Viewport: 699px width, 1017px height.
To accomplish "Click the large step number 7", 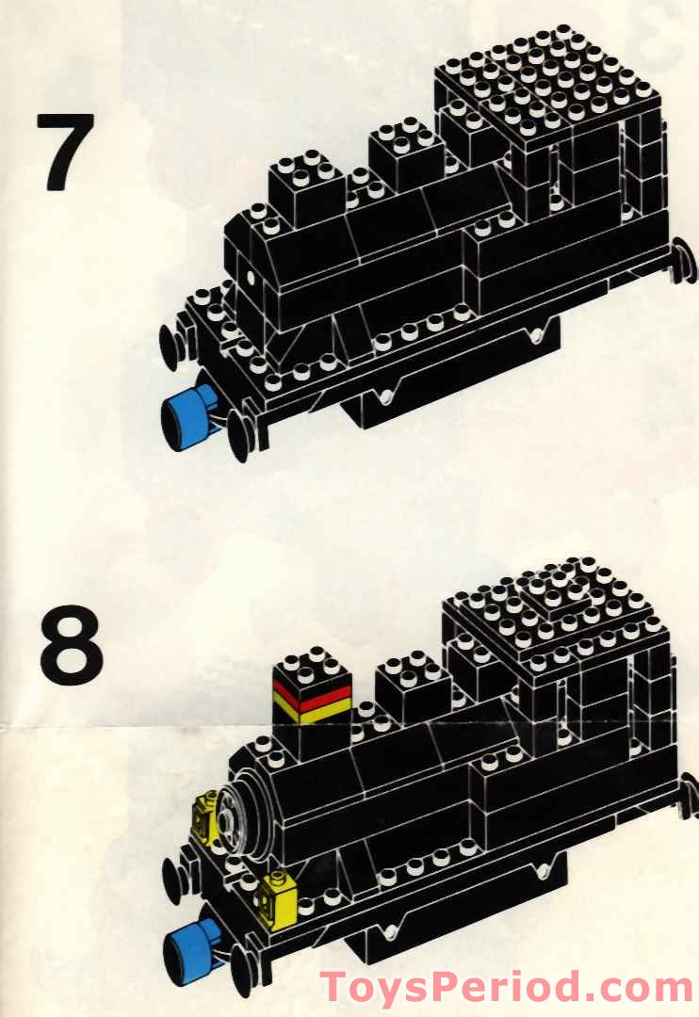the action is [66, 153].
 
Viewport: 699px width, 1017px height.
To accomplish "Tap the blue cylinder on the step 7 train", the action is [187, 417].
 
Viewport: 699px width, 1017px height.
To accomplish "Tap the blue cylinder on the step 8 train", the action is [192, 949].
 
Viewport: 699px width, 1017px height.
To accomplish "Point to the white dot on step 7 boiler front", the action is [250, 277].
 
